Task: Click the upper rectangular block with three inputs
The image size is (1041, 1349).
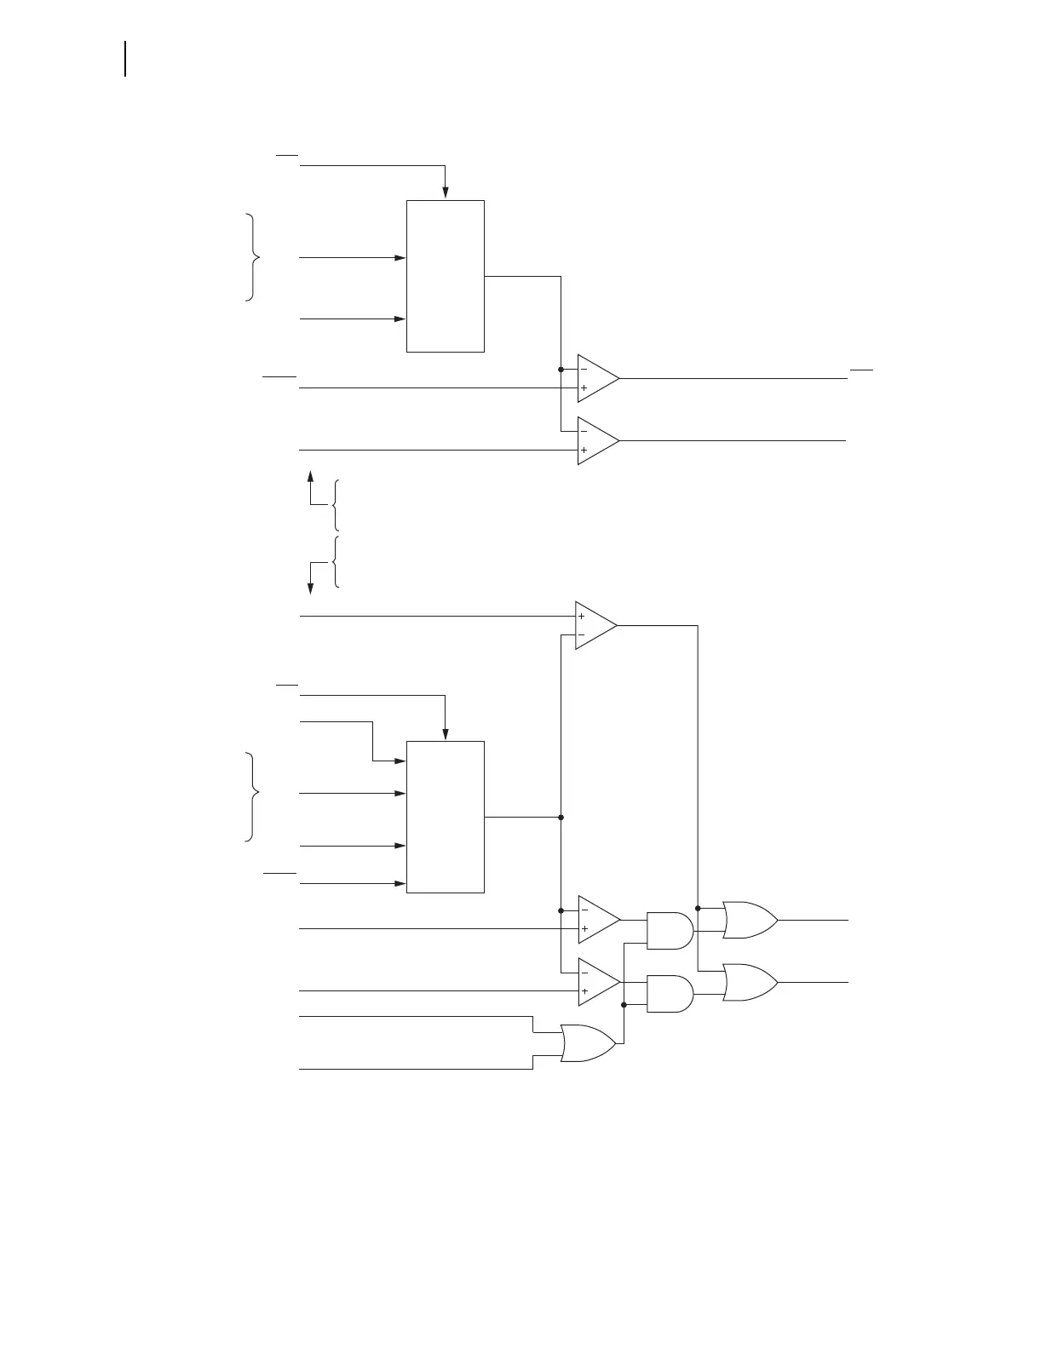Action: tap(445, 276)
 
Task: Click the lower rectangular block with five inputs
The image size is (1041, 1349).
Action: tap(445, 817)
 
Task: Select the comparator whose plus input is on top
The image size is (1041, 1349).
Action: tap(594, 626)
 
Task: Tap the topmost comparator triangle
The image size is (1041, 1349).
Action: tap(596, 378)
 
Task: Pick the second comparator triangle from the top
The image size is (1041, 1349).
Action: tap(596, 440)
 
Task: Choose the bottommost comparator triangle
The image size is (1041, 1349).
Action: tap(597, 982)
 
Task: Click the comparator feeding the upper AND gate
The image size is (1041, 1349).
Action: tap(597, 920)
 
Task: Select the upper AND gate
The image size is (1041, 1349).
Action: tap(670, 931)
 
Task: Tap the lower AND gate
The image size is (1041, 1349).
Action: tap(670, 993)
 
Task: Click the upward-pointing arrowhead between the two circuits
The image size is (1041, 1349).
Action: tap(311, 475)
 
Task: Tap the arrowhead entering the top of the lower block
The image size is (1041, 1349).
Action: tap(445, 733)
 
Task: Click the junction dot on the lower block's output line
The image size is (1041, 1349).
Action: tap(561, 817)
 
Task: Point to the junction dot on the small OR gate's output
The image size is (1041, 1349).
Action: tap(624, 1005)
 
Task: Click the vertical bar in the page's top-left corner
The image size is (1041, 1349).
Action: tap(126, 58)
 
